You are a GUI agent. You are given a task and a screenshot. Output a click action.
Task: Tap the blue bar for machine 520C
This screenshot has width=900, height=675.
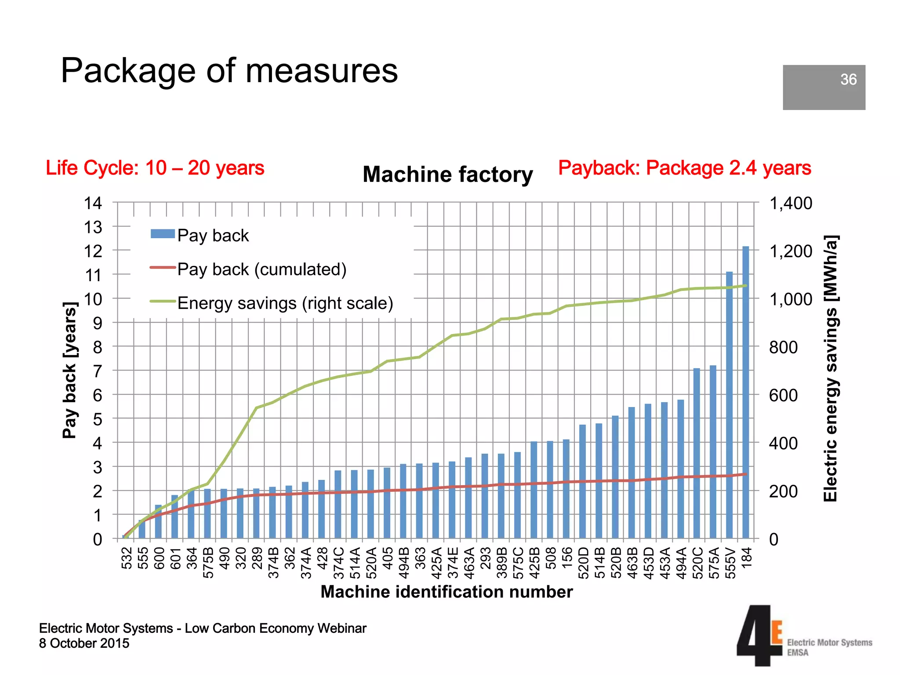[697, 453]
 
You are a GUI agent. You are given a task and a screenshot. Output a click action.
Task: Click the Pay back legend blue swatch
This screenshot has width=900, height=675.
[163, 234]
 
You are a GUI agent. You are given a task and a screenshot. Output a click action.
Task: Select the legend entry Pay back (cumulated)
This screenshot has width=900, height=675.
[261, 269]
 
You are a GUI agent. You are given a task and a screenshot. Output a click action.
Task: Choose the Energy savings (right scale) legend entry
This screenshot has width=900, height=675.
[285, 303]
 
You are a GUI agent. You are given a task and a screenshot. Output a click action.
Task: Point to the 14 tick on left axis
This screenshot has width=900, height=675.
[93, 203]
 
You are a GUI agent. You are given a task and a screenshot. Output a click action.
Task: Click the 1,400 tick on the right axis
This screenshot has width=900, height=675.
[791, 203]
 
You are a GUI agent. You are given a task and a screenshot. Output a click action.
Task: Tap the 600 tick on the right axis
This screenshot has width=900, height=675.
[783, 396]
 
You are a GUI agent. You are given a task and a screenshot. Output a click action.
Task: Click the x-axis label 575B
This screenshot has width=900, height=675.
[208, 562]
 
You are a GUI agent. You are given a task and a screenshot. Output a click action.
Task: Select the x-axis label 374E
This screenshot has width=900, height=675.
[453, 562]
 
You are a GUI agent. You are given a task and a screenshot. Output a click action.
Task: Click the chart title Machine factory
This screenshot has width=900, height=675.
[447, 174]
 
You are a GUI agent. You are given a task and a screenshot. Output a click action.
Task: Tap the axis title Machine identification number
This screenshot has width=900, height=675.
[446, 592]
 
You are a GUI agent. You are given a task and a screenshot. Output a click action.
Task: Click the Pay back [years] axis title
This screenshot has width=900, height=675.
[69, 370]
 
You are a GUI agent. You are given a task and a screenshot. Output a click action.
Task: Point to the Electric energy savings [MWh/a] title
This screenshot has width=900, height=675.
[831, 368]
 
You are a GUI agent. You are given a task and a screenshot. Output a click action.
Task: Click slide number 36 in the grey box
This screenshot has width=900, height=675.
[848, 80]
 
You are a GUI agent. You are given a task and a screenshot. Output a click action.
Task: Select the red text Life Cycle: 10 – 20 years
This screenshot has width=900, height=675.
[155, 168]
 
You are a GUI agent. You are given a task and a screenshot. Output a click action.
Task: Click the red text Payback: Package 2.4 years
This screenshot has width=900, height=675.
[684, 168]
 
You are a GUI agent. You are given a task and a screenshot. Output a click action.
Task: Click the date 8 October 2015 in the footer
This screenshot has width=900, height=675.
[84, 643]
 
